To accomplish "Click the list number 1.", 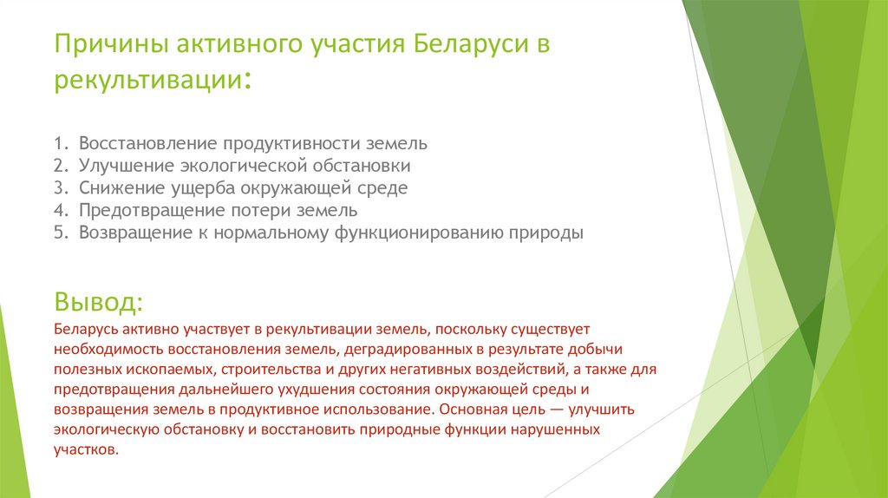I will point(60,142).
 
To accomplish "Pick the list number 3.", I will point(60,187).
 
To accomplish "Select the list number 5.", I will point(60,233).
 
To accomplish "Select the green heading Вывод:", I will point(98,303).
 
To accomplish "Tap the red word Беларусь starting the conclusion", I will point(84,330).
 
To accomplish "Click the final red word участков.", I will point(83,449).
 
